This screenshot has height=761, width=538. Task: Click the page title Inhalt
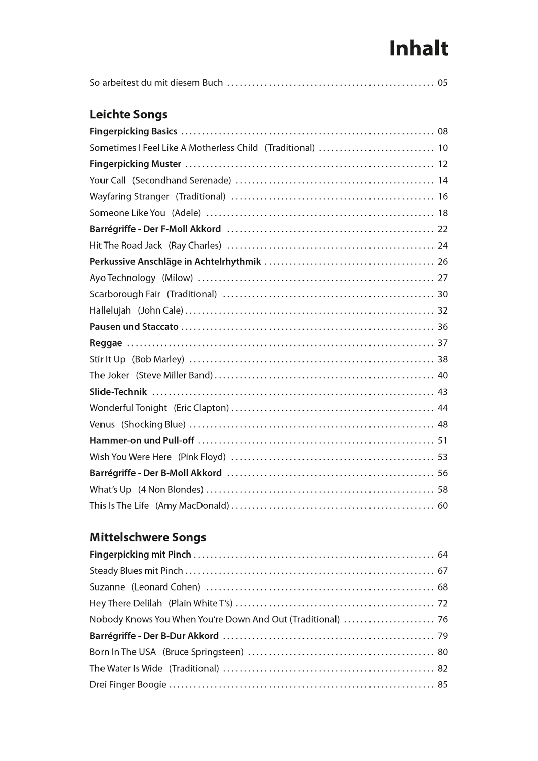[418, 49]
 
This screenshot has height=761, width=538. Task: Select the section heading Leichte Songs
[128, 114]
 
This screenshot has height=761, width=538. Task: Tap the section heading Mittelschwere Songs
[148, 537]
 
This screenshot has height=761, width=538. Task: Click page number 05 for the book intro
[442, 83]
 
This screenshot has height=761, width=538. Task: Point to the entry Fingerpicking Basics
[133, 131]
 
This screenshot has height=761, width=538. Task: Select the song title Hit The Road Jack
[126, 245]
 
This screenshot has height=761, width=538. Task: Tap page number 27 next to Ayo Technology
[442, 278]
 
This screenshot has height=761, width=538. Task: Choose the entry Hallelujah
[111, 310]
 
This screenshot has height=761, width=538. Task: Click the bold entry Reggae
[106, 343]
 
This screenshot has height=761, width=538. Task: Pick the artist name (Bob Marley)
[158, 359]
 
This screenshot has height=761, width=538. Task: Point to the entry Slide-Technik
[118, 392]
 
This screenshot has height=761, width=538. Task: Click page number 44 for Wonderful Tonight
[442, 408]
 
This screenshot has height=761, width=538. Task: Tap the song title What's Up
[111, 490]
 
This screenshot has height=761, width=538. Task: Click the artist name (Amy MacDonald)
[192, 506]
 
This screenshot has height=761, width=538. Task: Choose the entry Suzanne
[107, 587]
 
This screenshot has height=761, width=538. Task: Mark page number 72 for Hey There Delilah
[442, 603]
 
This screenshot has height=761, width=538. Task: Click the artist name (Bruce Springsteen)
[203, 652]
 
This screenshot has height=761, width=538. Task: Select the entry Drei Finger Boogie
[128, 685]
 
